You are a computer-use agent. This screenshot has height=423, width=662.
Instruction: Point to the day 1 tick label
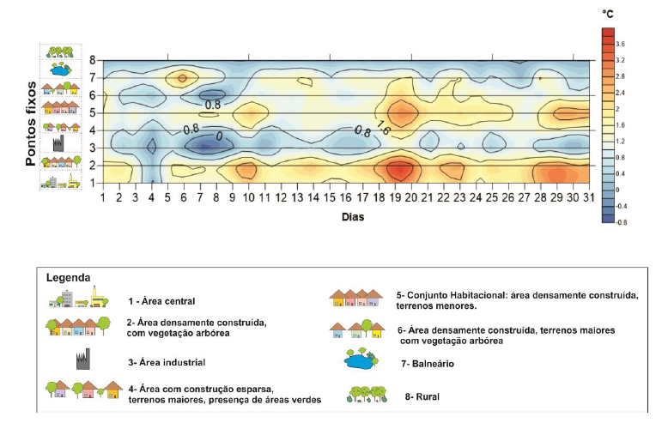pyautogui.click(x=103, y=199)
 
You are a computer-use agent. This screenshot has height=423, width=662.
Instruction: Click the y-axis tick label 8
pyautogui.click(x=91, y=60)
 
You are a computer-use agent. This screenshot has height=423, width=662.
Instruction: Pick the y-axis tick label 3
pyautogui.click(x=91, y=148)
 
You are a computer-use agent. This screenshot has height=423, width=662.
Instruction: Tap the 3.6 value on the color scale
pyautogui.click(x=621, y=43)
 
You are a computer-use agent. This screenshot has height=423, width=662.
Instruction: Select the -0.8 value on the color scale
pyautogui.click(x=623, y=221)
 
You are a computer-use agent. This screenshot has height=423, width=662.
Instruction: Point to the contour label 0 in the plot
pyautogui.click(x=219, y=136)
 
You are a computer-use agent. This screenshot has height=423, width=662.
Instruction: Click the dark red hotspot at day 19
pyautogui.click(x=397, y=170)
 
